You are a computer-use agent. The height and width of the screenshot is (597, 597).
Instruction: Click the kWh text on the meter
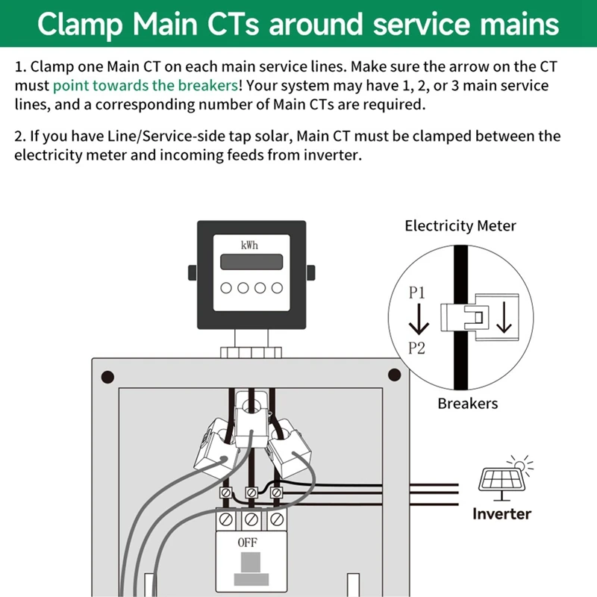tap(249, 246)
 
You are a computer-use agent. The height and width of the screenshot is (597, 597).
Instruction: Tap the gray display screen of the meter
tap(251, 262)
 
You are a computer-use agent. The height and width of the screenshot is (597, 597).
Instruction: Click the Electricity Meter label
tap(460, 226)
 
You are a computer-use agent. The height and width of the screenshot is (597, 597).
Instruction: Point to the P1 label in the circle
tap(416, 293)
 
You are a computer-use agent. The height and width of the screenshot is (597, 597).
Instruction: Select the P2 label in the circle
tap(416, 348)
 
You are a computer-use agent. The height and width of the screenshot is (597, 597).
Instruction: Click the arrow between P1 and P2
tap(419, 319)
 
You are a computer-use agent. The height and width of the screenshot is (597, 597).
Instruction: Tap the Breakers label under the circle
tap(468, 404)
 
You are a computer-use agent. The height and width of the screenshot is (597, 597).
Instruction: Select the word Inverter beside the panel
tap(501, 514)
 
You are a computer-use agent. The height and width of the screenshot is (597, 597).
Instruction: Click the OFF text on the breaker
tap(248, 543)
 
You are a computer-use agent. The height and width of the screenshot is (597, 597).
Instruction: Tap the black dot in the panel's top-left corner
tap(107, 377)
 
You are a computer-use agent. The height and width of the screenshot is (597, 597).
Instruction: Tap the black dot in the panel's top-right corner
tap(394, 375)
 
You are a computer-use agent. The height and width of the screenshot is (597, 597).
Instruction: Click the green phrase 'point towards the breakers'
tap(146, 86)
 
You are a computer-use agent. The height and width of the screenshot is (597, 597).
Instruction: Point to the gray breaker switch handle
tap(251, 562)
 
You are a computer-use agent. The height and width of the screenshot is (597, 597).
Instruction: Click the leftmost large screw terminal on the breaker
tap(226, 519)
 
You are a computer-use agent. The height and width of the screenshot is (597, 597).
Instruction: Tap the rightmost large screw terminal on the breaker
tap(277, 519)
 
